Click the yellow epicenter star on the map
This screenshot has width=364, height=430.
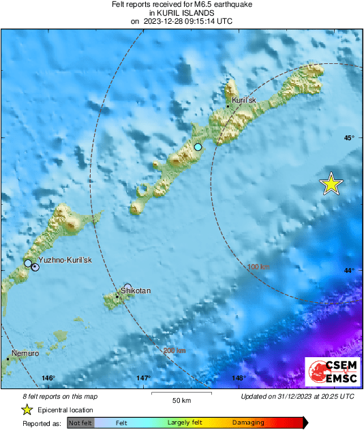point(331,184)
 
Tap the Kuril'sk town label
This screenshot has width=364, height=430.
point(244,101)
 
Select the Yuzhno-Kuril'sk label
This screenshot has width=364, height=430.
point(65,261)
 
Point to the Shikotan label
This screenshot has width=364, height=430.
point(136,291)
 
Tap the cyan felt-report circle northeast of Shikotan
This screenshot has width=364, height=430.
point(198,147)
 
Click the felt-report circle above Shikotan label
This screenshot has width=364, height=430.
point(127,287)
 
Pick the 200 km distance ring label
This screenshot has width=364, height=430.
point(174,351)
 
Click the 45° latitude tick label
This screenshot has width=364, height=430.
point(349,138)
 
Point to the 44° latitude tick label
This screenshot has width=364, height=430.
point(349,271)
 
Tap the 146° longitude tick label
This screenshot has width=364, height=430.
point(48,378)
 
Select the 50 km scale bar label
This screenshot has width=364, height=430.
point(181,399)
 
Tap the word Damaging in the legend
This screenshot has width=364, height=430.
point(249,423)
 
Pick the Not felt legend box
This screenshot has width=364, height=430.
point(80,423)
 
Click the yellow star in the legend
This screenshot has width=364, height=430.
point(27,410)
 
